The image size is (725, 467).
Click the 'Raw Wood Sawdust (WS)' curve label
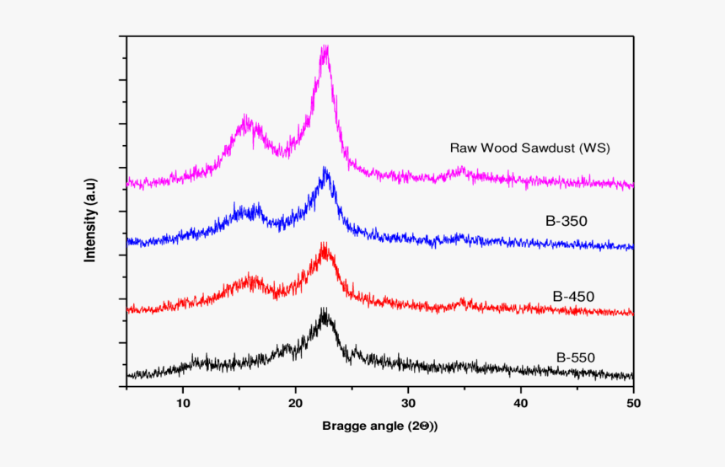[x=529, y=148]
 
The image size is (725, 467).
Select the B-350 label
[x=566, y=222]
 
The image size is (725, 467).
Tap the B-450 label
[x=573, y=296]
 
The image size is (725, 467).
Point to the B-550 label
[x=576, y=357]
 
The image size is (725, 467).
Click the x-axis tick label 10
[x=183, y=402]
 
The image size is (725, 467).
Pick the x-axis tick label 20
[x=296, y=402]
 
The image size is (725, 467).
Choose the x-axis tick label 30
[x=408, y=402]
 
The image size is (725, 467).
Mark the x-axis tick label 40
[x=521, y=402]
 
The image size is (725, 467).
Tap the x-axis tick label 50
[x=632, y=402]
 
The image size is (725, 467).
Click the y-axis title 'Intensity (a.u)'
[x=90, y=219]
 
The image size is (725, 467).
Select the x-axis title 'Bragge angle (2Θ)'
[x=379, y=426]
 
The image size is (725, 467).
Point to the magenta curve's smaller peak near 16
[x=247, y=121]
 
